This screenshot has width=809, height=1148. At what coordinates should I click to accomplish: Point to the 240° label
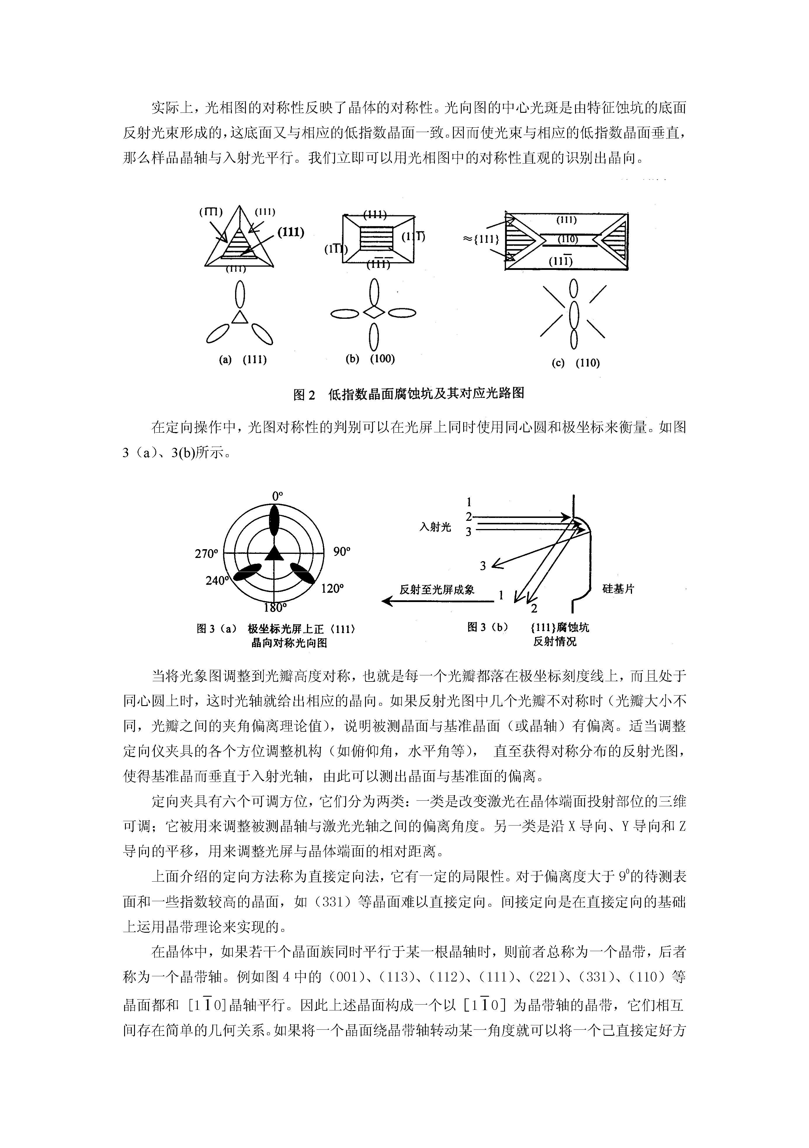(x=216, y=580)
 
